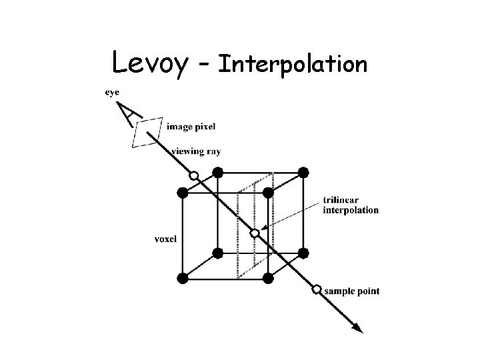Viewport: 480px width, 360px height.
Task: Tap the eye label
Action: tap(113, 93)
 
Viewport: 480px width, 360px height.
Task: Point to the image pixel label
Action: tap(191, 127)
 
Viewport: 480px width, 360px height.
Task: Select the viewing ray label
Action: tap(196, 151)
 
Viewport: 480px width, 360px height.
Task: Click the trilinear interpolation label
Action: tap(350, 205)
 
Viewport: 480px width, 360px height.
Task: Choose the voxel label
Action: tap(165, 238)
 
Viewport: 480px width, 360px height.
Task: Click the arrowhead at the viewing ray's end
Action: tap(357, 327)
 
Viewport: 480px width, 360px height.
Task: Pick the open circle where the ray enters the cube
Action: tap(193, 176)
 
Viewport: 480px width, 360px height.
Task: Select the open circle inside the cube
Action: tap(254, 233)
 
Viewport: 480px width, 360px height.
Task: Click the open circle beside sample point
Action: tap(317, 290)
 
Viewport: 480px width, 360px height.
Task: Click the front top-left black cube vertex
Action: tap(183, 193)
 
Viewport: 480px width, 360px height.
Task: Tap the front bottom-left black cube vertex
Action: tap(183, 277)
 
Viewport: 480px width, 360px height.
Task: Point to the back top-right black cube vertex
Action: tap(303, 172)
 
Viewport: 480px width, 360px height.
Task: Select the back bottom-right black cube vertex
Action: tap(303, 253)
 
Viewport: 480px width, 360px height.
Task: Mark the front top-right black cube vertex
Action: tap(268, 193)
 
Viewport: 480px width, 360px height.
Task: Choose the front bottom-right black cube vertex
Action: tap(268, 277)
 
